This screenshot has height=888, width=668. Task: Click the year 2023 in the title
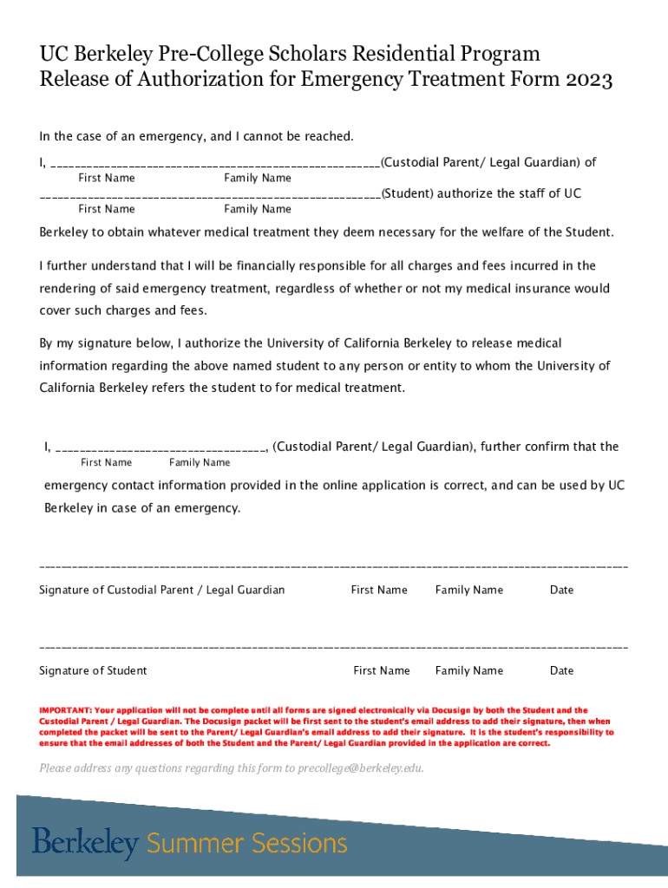point(587,81)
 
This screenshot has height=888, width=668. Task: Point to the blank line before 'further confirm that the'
point(160,448)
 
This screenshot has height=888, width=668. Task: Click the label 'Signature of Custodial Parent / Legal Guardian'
point(161,590)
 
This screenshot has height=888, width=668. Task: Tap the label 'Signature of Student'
point(93,670)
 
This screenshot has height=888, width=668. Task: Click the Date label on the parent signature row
point(561,590)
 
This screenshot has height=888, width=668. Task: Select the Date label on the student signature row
point(561,670)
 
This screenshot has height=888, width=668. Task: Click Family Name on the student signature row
point(468,670)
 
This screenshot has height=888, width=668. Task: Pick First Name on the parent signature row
point(378,590)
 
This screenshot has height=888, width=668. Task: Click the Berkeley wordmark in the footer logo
point(85,843)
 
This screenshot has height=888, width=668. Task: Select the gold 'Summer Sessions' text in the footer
point(246,843)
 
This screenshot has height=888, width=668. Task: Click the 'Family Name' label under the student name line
point(257,209)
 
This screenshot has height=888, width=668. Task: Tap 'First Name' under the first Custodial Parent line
point(106,178)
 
